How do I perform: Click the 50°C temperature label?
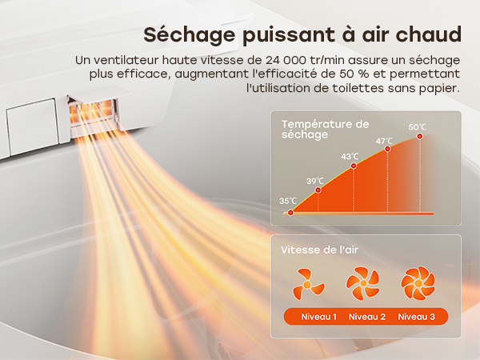coord(417,126)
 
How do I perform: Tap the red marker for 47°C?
coord(387,149)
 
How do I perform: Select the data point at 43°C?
coord(354,166)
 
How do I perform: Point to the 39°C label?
coord(314,181)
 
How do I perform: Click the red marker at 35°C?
coord(290,212)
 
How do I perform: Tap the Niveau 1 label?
coord(318,317)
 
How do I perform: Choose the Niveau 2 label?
coord(367,317)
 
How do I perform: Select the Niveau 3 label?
coord(416,317)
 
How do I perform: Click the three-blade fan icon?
coord(308,284)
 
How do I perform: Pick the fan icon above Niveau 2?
coord(363,283)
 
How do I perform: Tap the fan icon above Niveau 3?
coord(418,283)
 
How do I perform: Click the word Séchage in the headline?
coord(190,35)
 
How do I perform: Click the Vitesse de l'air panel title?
coord(319,250)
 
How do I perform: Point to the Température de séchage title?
coord(325,129)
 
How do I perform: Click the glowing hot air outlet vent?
coord(93,114)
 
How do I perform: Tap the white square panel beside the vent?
coord(33,126)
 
